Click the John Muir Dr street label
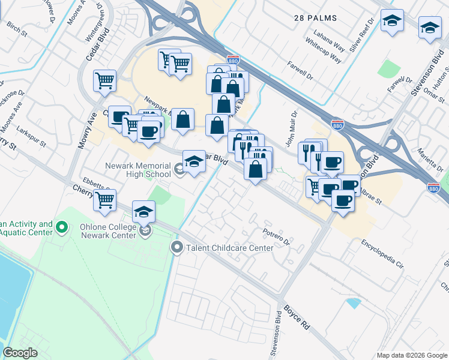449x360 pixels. (294, 126)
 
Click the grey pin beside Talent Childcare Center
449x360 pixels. (176, 247)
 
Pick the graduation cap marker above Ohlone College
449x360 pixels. (144, 212)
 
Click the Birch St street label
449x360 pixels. (17, 29)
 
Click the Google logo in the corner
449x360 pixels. (20, 353)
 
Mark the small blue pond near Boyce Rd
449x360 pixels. (354, 303)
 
